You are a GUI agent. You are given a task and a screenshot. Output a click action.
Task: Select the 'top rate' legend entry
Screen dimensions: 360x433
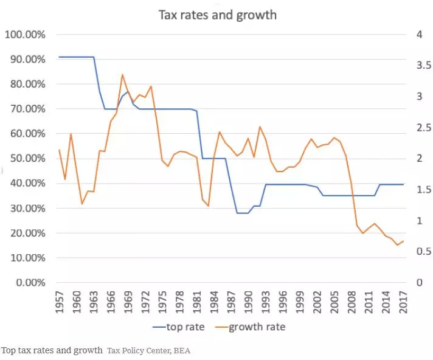(179, 327)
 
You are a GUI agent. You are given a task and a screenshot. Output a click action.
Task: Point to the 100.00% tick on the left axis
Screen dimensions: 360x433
(25, 35)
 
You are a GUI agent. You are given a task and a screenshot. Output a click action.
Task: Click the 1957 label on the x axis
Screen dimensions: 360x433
(60, 302)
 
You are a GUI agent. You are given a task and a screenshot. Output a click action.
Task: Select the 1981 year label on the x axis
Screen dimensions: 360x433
(197, 302)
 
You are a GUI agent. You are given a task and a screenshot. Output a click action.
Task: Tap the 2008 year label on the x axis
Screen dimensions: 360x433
(352, 302)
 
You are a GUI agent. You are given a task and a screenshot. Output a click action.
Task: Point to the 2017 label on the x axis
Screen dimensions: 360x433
(403, 302)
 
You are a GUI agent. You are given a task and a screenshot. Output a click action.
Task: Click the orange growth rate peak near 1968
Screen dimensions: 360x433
(122, 75)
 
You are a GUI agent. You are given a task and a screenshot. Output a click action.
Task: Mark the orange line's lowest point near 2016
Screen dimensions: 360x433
(398, 245)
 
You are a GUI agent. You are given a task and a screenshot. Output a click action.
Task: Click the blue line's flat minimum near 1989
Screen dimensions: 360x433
(243, 213)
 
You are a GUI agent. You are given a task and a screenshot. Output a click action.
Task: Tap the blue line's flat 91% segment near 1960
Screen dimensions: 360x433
(76, 57)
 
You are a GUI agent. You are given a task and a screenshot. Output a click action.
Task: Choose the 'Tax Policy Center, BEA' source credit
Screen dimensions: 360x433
(148, 351)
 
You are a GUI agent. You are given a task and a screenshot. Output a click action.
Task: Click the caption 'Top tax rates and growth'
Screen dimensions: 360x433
(52, 351)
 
